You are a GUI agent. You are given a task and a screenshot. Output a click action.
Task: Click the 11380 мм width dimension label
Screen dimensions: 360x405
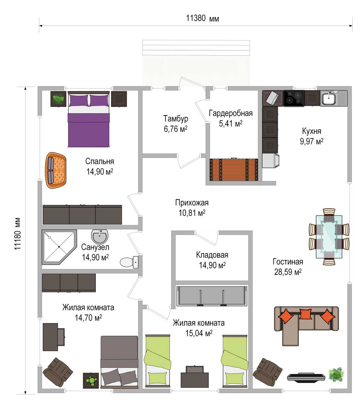click(202, 18)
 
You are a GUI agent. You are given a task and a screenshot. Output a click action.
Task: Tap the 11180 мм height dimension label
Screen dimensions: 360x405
click(18, 234)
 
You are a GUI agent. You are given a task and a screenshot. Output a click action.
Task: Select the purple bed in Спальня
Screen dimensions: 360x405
click(89, 119)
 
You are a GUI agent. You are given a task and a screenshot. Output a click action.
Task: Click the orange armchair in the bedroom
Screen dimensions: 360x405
click(56, 170)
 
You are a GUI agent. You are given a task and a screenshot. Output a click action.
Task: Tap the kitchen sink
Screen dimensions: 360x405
click(334, 98)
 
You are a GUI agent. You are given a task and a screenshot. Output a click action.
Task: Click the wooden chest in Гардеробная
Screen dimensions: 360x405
click(234, 169)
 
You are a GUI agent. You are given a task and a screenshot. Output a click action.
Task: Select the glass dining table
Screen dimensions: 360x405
click(329, 236)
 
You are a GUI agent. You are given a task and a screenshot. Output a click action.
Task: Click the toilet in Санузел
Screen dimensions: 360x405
click(129, 262)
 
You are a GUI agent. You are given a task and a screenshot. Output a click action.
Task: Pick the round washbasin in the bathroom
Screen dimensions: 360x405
click(99, 236)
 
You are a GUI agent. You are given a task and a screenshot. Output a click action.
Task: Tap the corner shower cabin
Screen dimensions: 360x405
click(59, 247)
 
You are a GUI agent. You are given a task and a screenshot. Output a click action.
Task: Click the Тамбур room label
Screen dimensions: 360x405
click(175, 118)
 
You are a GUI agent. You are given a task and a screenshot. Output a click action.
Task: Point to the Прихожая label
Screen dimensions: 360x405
click(192, 203)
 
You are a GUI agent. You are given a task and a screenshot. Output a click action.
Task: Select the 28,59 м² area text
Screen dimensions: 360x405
click(288, 272)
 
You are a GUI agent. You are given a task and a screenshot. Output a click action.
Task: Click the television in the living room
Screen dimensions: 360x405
click(306, 377)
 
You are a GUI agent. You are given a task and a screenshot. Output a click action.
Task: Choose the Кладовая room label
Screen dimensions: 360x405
click(212, 255)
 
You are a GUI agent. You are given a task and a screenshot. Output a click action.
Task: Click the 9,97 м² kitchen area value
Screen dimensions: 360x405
click(312, 141)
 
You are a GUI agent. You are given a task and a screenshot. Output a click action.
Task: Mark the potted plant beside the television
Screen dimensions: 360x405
click(336, 374)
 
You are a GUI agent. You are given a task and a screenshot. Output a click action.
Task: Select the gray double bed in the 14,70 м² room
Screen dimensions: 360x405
click(119, 362)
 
